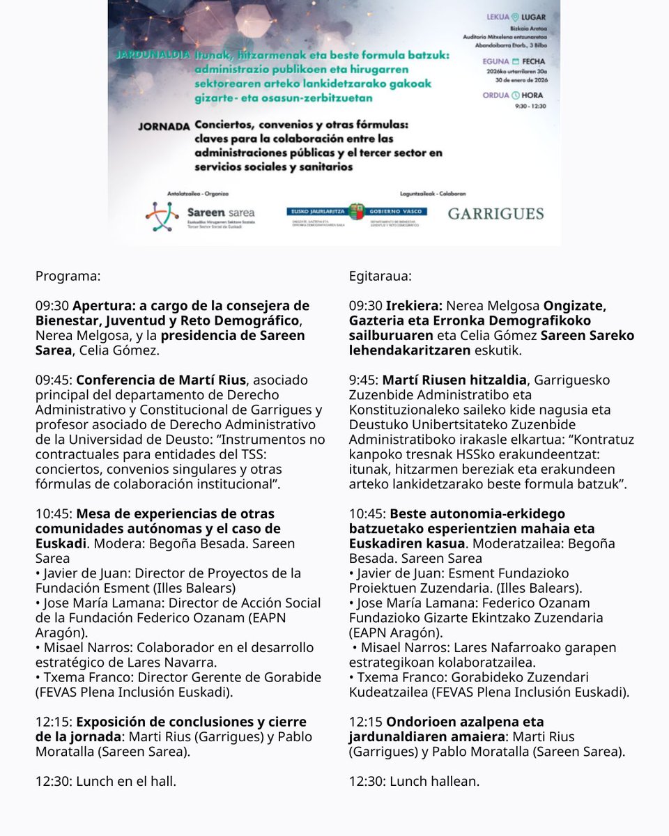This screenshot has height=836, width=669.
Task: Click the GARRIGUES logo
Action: point(495,213)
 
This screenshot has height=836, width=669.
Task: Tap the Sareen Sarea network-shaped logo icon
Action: point(162,216)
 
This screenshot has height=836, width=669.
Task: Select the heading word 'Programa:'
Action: point(68,276)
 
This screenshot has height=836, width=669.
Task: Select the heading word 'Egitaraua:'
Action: point(380,276)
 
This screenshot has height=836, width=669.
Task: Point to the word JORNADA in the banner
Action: point(164,127)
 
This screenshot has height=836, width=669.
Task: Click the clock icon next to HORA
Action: point(515,95)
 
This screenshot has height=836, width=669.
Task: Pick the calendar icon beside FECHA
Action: point(516,61)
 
